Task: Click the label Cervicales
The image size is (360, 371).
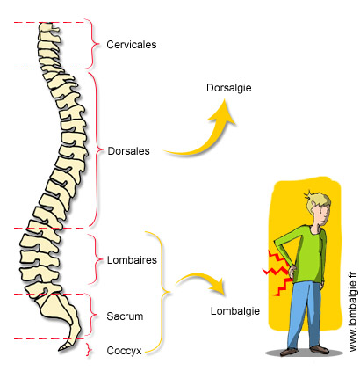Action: [x=132, y=45]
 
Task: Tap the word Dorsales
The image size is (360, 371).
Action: [x=128, y=151]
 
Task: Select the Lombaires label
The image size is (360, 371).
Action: [x=132, y=260]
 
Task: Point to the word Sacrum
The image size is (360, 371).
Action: [x=125, y=316]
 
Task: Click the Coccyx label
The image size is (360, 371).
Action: [x=124, y=351]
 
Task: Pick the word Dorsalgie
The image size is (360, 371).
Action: [x=229, y=88]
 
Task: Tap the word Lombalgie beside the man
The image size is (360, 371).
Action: [x=235, y=311]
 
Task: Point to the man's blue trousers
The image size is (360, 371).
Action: [x=305, y=315]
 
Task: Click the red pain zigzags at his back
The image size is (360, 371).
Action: [x=277, y=272]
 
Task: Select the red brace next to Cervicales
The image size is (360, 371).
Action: [x=93, y=45]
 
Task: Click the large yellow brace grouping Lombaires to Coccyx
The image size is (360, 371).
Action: [x=163, y=292]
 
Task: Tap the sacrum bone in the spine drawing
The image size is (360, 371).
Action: [x=60, y=308]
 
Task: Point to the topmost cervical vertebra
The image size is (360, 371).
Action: [x=48, y=28]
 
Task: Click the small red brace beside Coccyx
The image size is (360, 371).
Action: [x=89, y=350]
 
